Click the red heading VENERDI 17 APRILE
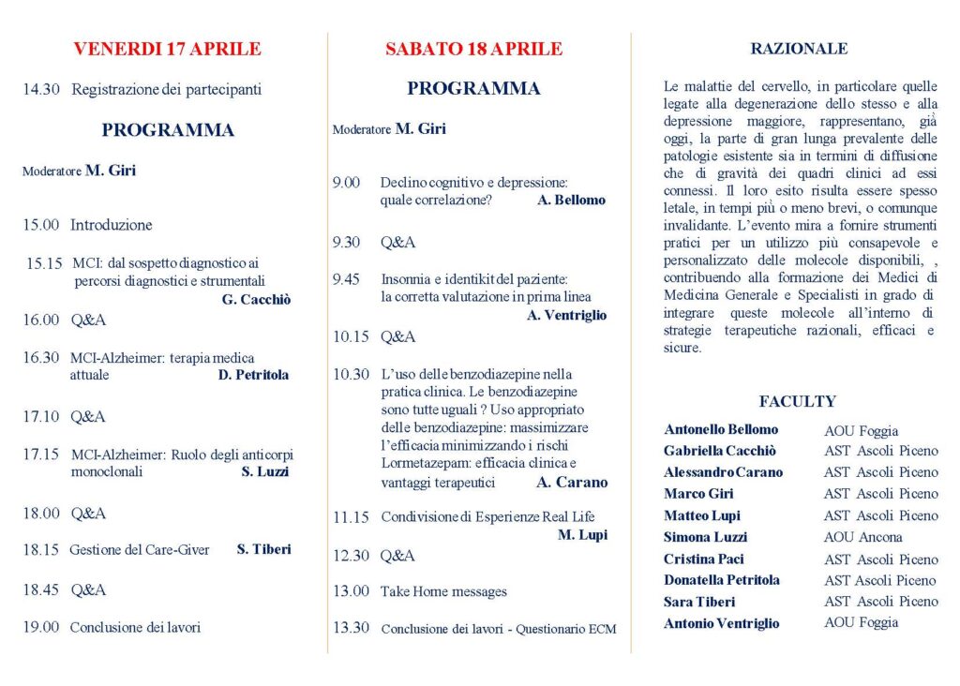click(x=167, y=50)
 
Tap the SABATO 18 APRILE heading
click(x=473, y=50)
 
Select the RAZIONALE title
click(x=799, y=49)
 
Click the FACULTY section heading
click(x=797, y=401)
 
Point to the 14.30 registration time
click(x=41, y=90)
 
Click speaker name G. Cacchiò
click(x=256, y=300)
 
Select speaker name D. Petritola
click(x=253, y=375)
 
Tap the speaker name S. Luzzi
click(x=265, y=472)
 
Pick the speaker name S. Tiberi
click(x=263, y=549)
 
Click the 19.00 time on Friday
click(x=41, y=627)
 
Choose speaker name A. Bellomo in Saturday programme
click(x=571, y=201)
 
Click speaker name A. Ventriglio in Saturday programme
click(x=566, y=316)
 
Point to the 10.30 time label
click(x=351, y=374)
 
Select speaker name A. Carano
click(x=572, y=483)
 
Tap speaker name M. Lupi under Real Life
click(x=582, y=535)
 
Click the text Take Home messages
click(x=443, y=591)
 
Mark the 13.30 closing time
click(x=351, y=628)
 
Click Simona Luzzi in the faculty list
click(x=705, y=536)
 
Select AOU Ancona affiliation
click(x=862, y=537)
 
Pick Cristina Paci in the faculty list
click(x=704, y=559)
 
